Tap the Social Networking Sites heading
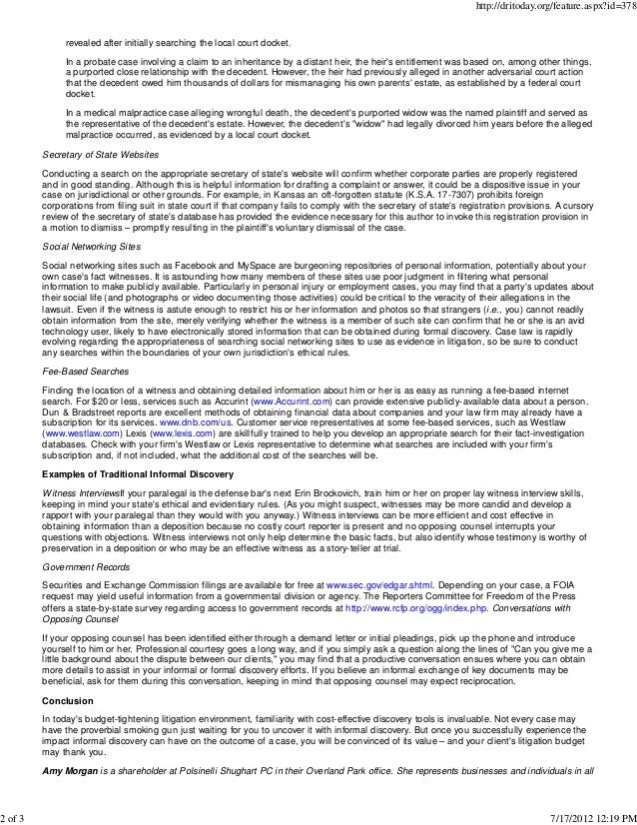pyautogui.click(x=90, y=244)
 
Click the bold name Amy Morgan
pyautogui.click(x=74, y=771)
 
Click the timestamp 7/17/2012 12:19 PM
pyautogui.click(x=589, y=815)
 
